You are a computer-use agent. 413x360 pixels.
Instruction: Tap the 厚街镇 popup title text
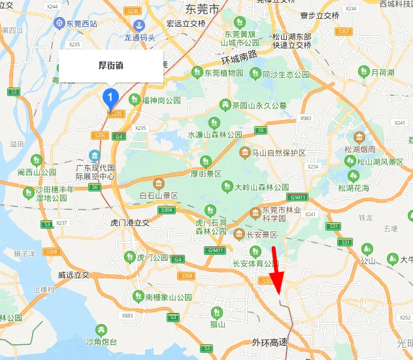coord(111,66)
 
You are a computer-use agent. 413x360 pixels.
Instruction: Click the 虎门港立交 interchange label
coord(126,223)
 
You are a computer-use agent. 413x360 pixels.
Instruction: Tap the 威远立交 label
coord(73,275)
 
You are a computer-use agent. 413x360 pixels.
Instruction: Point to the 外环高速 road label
coord(270,343)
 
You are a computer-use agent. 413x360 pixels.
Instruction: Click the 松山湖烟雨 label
coord(361,150)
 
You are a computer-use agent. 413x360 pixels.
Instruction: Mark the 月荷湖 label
coord(382,73)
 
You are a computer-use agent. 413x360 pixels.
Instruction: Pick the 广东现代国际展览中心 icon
coord(95,155)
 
